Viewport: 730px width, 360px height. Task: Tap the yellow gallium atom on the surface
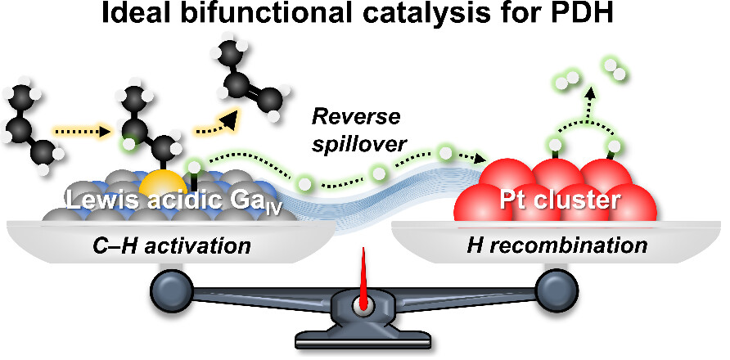pyautogui.click(x=164, y=182)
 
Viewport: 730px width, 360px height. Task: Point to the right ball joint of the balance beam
pyautogui.click(x=555, y=289)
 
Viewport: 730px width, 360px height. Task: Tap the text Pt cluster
pyautogui.click(x=560, y=200)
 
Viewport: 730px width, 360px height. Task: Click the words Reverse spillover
pyautogui.click(x=355, y=130)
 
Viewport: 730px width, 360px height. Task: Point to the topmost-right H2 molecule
pyautogui.click(x=615, y=69)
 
